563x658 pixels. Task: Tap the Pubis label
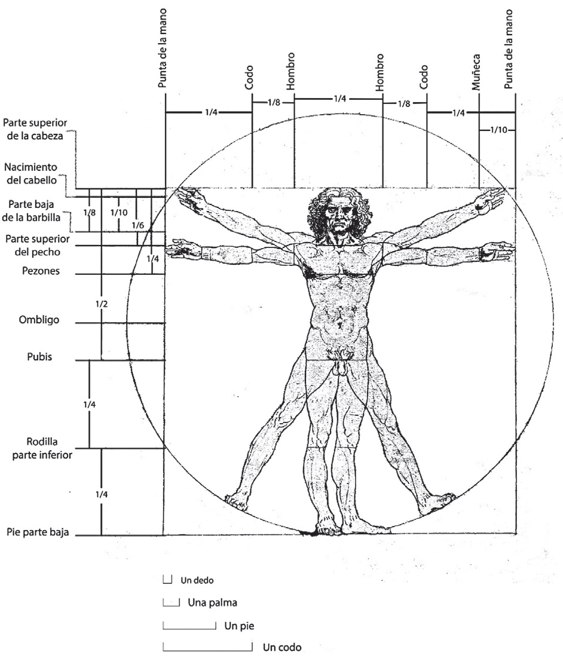(39, 357)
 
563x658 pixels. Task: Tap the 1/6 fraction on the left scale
(137, 225)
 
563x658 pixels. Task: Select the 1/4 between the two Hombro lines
(339, 99)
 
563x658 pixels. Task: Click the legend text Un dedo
(197, 580)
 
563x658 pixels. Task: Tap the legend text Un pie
(235, 626)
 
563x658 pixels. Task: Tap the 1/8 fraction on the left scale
(90, 212)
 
